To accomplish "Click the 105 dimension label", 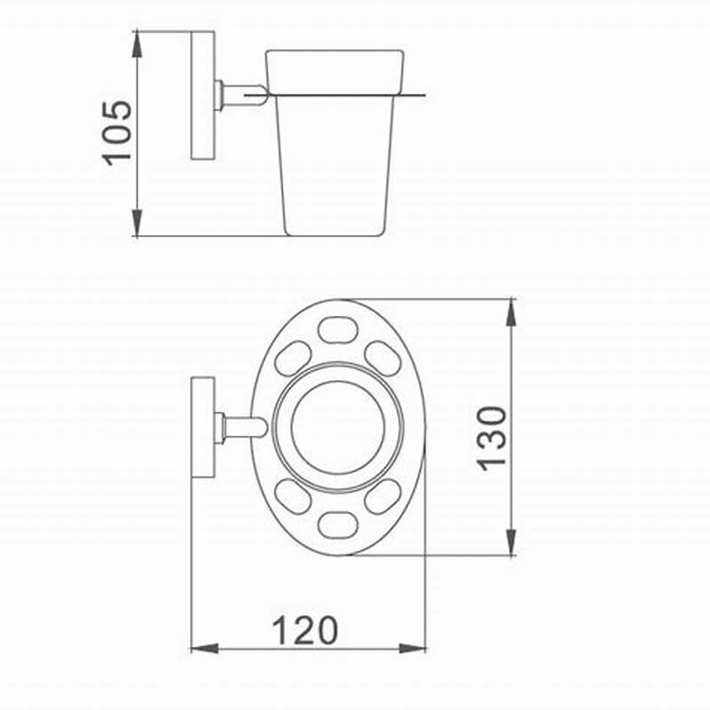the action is pyautogui.click(x=117, y=133).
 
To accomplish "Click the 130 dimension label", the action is pyautogui.click(x=493, y=438).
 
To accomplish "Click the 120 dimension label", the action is pyautogui.click(x=304, y=630).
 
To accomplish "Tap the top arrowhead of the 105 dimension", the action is pyautogui.click(x=137, y=43).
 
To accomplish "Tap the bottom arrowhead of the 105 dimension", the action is pyautogui.click(x=137, y=223).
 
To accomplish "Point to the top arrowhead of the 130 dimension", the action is pyautogui.click(x=511, y=312).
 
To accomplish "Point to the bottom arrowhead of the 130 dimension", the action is pyautogui.click(x=511, y=542).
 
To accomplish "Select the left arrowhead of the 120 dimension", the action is pyautogui.click(x=205, y=649).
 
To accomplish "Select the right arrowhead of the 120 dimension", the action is pyautogui.click(x=412, y=649).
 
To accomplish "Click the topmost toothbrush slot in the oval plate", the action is pyautogui.click(x=337, y=330).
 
